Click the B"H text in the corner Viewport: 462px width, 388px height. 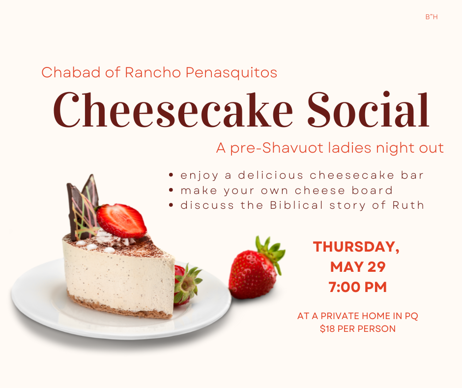[432, 17]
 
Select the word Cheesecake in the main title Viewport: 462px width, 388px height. [173, 109]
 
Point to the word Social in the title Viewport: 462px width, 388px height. [368, 109]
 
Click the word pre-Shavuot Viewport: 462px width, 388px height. [277, 148]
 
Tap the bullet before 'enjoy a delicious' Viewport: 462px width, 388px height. [171, 175]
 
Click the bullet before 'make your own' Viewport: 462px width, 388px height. [171, 190]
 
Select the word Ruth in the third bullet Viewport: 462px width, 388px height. [408, 205]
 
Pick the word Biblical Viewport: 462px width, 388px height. [296, 205]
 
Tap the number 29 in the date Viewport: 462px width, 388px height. [376, 267]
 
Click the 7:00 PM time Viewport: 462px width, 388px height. [358, 287]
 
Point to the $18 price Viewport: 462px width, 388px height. [327, 328]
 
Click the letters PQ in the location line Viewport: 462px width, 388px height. [411, 316]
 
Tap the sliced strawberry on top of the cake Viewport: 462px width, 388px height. [121, 221]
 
